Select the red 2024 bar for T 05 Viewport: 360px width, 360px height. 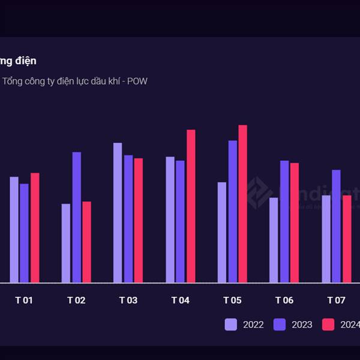pos(242,203)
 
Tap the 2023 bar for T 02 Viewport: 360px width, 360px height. pos(77,217)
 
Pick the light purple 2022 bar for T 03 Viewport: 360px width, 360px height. pos(118,212)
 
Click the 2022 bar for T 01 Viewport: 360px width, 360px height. pos(14,229)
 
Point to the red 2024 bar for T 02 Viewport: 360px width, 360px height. pos(87,242)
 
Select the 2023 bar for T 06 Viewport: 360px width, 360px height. pos(284,221)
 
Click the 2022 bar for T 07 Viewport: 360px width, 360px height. pos(326,239)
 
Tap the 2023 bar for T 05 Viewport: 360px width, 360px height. pos(233,211)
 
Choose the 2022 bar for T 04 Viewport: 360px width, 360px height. pos(170,220)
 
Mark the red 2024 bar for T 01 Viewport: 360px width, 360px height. pos(35,227)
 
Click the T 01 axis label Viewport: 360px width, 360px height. pos(24,300)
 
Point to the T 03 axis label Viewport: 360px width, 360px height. pos(128,300)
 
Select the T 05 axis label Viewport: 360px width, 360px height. pos(232,300)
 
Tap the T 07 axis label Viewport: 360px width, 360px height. pos(336,300)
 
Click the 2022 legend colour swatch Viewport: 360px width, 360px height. pos(231,325)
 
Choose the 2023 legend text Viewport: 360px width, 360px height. pos(302,325)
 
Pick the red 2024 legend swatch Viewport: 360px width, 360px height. pos(328,325)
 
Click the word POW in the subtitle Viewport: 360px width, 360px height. pos(137,81)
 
